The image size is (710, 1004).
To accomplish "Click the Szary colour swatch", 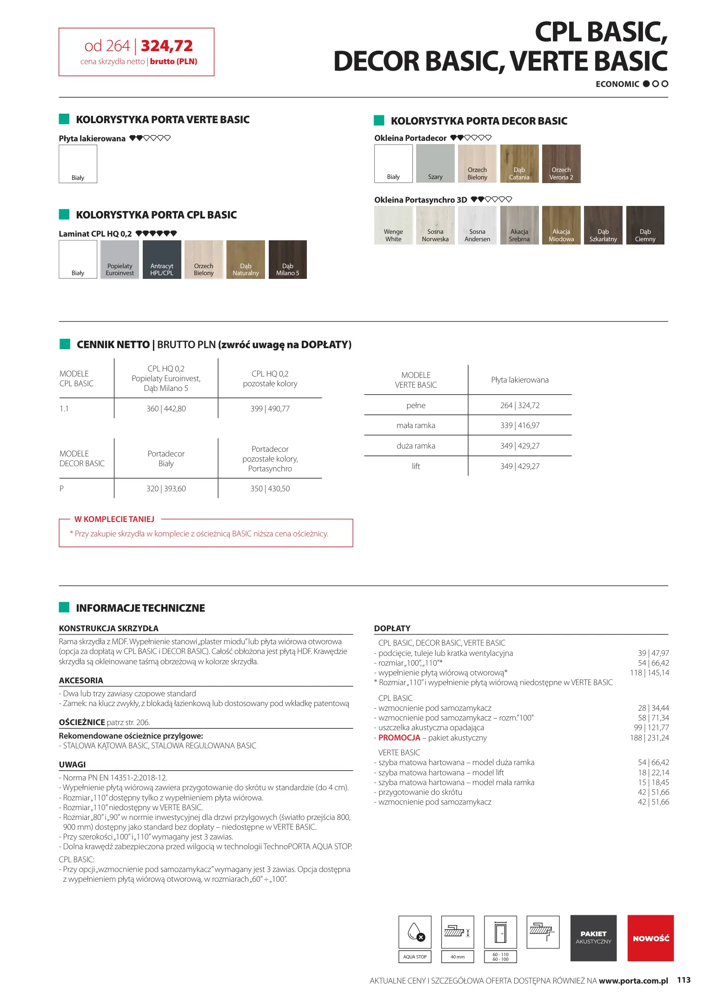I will tap(435, 163).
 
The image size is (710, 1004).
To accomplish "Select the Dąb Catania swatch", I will tap(519, 163).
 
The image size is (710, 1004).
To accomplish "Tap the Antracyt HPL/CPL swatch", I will tap(162, 259).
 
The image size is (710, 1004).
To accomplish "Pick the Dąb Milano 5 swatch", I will tap(287, 259).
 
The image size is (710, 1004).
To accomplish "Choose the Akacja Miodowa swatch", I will tap(561, 225).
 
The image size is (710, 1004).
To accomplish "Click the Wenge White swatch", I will tap(393, 225).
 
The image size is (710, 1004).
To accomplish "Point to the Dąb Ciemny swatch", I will tap(645, 225).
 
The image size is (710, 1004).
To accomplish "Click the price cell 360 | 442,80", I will tap(166, 409).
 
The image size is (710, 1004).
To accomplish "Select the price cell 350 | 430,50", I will tap(270, 489).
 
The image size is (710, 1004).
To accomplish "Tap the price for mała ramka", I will tap(520, 425).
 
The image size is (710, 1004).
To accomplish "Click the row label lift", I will tap(416, 466).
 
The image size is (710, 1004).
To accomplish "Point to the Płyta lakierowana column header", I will tap(520, 380).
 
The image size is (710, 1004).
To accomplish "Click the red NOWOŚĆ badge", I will tap(650, 938).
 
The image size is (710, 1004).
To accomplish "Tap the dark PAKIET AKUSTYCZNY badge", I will tap(593, 938).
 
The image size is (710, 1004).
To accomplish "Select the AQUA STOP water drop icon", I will tap(415, 931).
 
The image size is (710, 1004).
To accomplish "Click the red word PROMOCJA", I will tap(399, 738).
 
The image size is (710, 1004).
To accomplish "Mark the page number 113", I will tap(683, 980).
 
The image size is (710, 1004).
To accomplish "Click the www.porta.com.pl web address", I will tap(633, 981).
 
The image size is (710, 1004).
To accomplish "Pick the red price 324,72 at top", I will tap(166, 46).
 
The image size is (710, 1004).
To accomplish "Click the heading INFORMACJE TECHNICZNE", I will tap(140, 608).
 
